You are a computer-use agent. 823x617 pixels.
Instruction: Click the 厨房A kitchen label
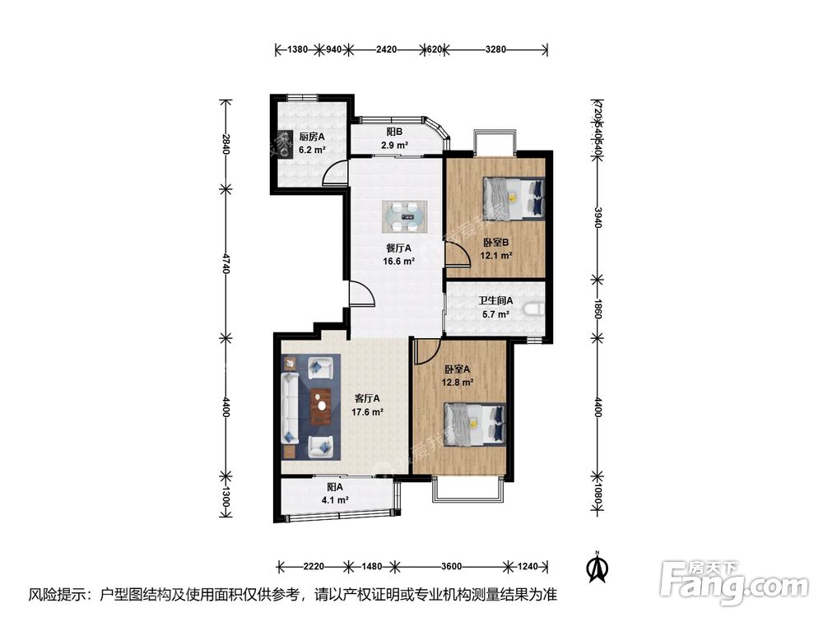[311, 137]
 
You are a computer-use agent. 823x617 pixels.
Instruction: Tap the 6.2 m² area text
[311, 151]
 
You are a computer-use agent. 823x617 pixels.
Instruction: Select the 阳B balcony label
[394, 132]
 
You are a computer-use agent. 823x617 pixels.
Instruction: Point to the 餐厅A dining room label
[398, 248]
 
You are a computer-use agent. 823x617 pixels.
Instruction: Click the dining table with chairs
[403, 216]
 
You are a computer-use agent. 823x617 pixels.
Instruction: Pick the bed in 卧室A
[474, 424]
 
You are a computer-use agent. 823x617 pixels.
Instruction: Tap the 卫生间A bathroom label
[496, 300]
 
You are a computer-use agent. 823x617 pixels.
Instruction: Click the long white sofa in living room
[291, 407]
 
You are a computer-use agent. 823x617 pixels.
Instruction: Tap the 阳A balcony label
[334, 486]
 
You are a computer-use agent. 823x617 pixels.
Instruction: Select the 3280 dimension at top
[495, 49]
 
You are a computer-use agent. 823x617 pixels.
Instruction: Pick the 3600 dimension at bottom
[449, 566]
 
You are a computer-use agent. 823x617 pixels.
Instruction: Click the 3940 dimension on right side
[598, 218]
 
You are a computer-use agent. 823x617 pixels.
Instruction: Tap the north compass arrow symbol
[597, 566]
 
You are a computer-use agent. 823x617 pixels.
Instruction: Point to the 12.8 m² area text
[457, 383]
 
